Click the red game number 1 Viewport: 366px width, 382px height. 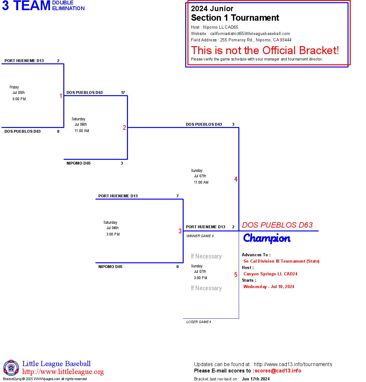(x=61, y=96)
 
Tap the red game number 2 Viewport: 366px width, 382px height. (x=124, y=128)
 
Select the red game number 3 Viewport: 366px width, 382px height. (x=180, y=231)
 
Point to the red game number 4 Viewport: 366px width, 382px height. (x=236, y=179)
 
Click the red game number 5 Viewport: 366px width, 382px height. (x=236, y=275)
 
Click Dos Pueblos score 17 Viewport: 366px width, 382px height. (x=123, y=93)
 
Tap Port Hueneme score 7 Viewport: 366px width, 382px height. (x=178, y=196)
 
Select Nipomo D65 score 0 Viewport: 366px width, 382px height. (x=178, y=267)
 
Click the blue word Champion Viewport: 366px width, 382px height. (x=267, y=238)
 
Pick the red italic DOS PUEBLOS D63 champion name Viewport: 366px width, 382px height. (x=277, y=225)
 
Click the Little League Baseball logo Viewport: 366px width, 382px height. (x=11, y=368)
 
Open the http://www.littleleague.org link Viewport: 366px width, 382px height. (x=63, y=372)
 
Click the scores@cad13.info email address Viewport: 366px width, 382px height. (x=278, y=371)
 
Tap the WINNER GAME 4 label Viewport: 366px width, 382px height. (x=200, y=236)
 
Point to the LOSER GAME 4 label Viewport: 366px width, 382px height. (x=199, y=322)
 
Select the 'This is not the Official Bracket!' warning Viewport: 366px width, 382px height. (x=265, y=50)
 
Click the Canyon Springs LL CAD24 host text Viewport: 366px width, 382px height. (x=270, y=274)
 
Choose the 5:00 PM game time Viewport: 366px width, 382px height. (x=19, y=99)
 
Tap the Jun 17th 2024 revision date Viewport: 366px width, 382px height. (x=256, y=379)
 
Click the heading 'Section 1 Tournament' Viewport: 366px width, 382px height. (x=235, y=18)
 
